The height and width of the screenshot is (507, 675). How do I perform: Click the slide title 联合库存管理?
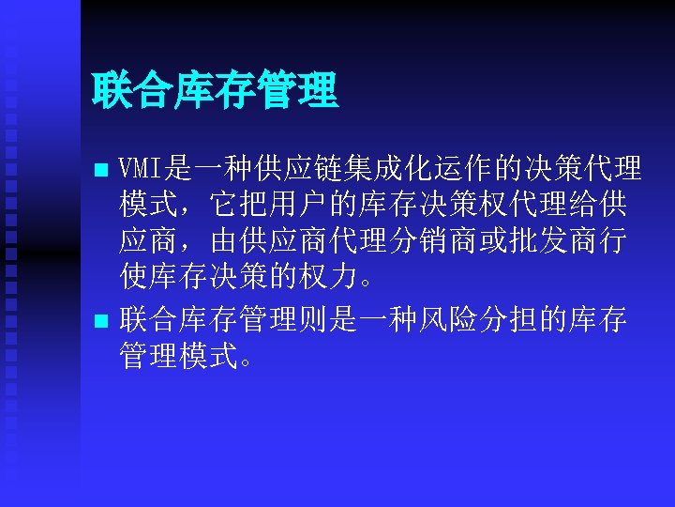tap(215, 92)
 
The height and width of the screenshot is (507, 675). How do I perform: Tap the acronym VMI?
tap(142, 170)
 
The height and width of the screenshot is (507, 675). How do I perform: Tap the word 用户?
tap(303, 206)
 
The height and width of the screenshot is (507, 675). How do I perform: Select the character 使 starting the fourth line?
tap(132, 277)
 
